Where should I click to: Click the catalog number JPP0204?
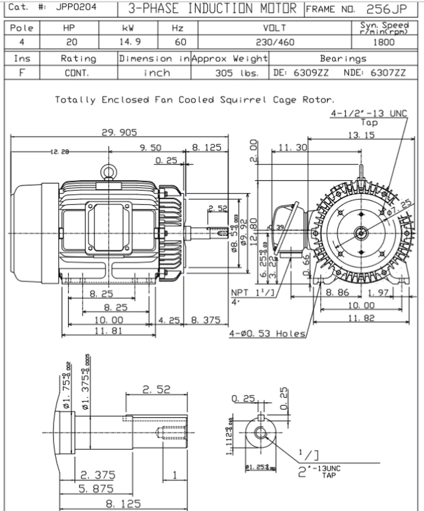[x=75, y=7]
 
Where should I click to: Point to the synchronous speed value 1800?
[x=384, y=42]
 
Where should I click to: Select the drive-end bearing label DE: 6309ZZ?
[x=301, y=73]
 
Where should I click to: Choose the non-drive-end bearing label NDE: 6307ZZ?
[x=375, y=73]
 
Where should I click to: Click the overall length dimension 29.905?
[x=119, y=132]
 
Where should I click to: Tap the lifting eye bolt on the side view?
[x=108, y=172]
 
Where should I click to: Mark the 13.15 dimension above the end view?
[x=361, y=135]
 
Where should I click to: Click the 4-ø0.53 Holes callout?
[x=267, y=333]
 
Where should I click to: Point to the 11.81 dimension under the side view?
[x=108, y=331]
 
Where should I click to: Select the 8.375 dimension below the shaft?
[x=205, y=320]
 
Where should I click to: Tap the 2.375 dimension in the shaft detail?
[x=98, y=475]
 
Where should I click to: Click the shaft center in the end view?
[x=361, y=233]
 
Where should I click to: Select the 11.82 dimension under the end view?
[x=361, y=318]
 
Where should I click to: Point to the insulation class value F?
[x=22, y=73]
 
